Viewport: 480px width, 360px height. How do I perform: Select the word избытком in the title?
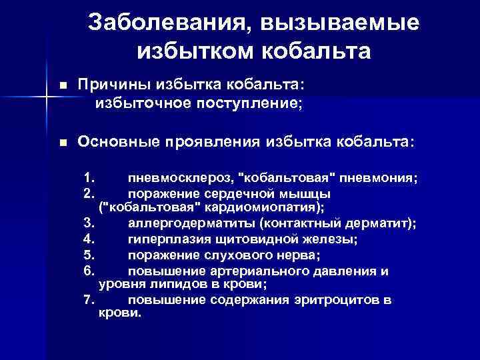[x=180, y=50]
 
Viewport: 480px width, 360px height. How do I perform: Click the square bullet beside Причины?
[x=63, y=86]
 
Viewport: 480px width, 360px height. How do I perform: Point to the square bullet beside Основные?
[x=63, y=143]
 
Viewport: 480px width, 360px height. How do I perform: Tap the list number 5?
[x=91, y=255]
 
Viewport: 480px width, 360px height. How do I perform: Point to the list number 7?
[x=91, y=299]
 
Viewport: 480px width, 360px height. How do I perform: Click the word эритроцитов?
[x=334, y=299]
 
